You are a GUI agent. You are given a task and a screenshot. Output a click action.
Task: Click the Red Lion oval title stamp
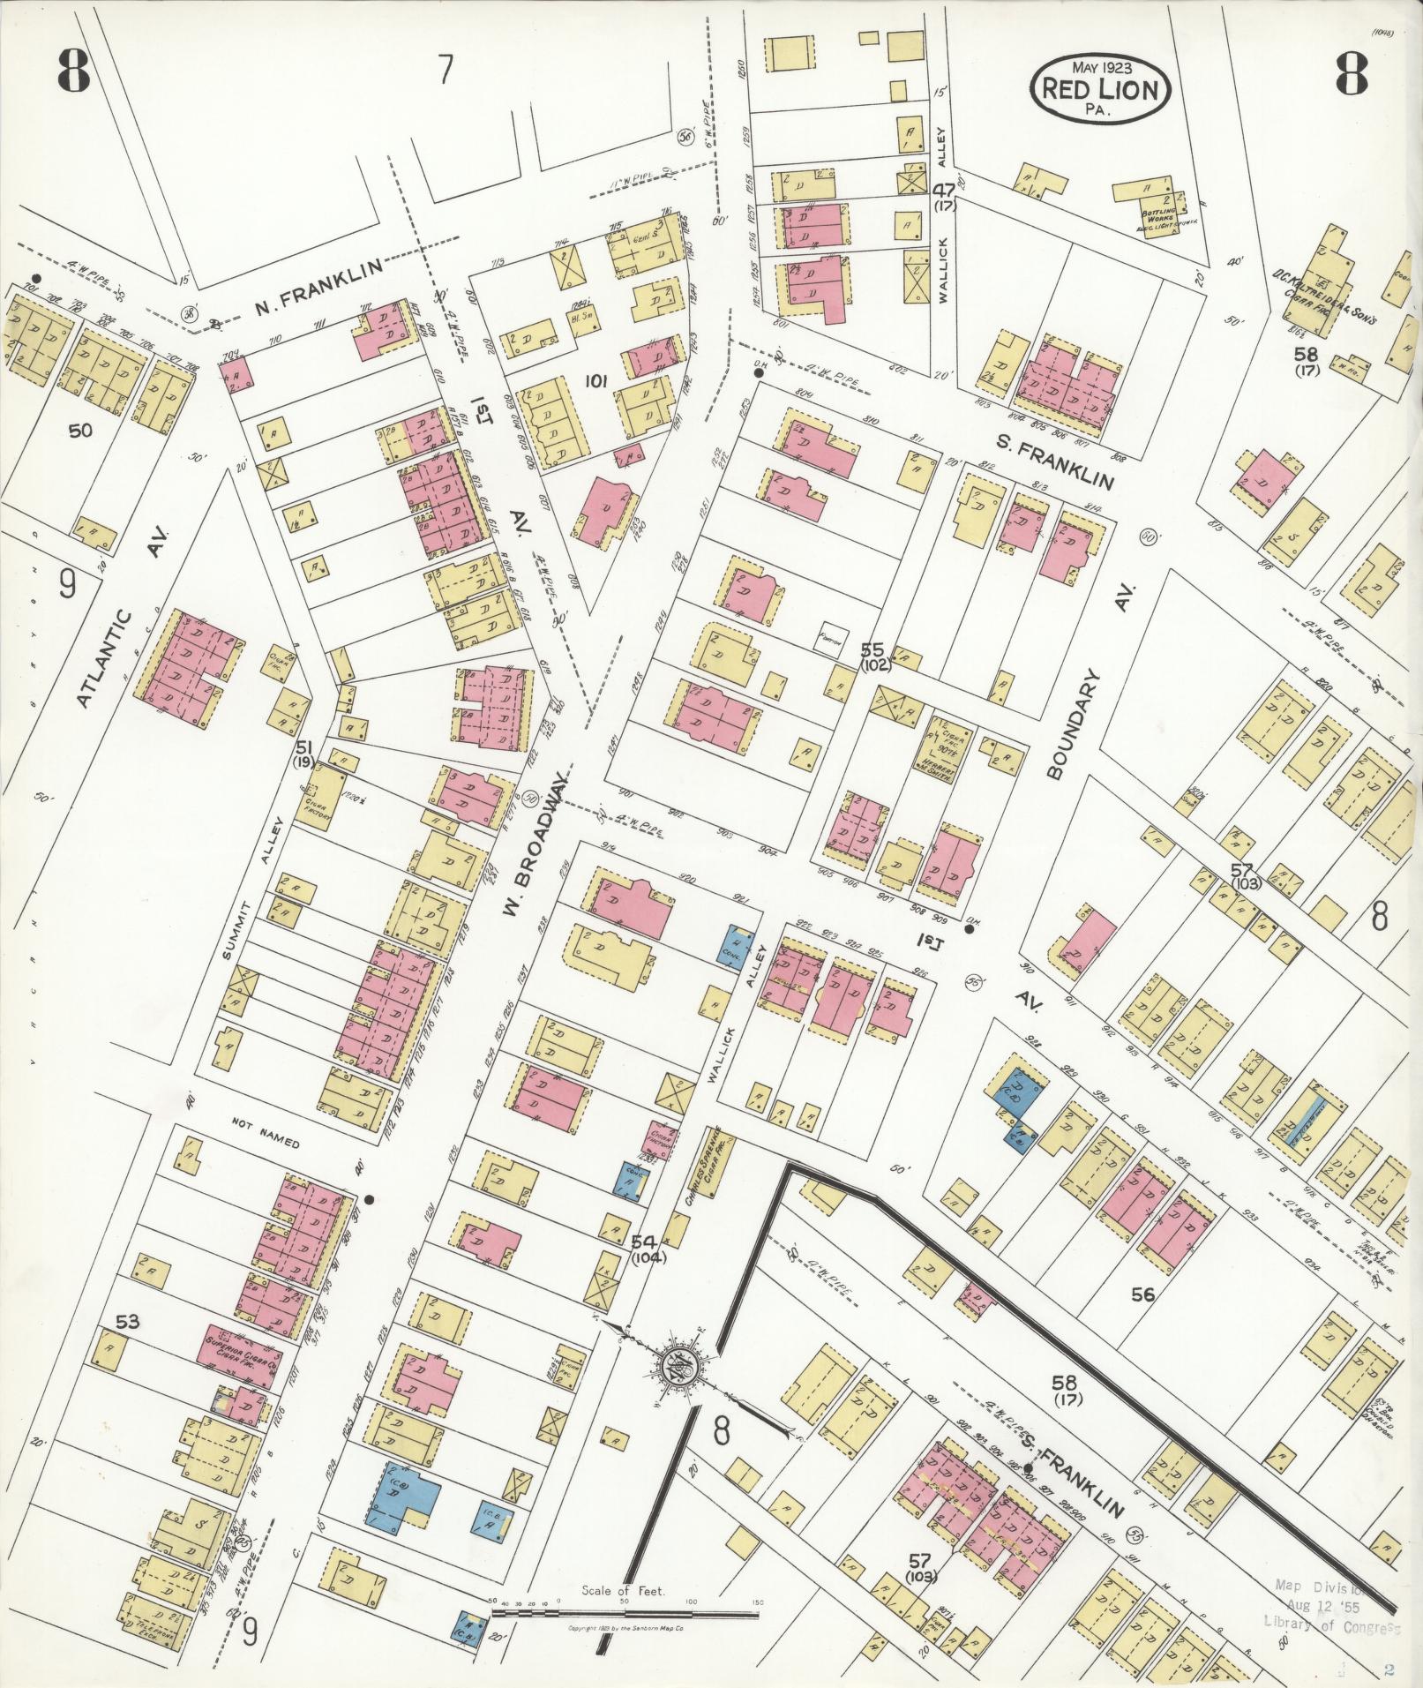tap(1101, 88)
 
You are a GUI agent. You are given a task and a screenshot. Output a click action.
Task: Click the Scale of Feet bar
tap(625, 1613)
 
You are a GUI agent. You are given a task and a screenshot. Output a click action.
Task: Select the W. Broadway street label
tap(535, 845)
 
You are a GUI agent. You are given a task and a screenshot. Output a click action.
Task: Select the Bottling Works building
tap(1150, 210)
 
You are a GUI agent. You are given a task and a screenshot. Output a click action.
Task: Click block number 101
tap(597, 382)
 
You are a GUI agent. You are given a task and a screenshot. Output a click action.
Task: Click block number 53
tap(128, 1321)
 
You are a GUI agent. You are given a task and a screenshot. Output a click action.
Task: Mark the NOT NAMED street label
tap(266, 1144)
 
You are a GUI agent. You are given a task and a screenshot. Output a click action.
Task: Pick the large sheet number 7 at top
tap(446, 69)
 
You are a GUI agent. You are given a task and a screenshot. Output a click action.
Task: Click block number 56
tap(1142, 1294)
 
